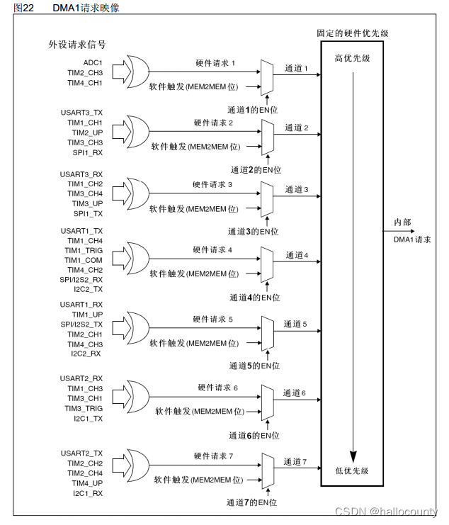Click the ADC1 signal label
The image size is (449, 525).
click(93, 63)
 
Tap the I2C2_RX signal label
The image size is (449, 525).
click(86, 353)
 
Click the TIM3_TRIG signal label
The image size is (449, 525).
click(84, 409)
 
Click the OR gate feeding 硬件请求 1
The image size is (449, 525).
click(135, 72)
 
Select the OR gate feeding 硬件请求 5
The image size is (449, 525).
click(135, 329)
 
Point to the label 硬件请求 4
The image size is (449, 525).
click(212, 250)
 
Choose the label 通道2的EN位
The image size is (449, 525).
click(256, 170)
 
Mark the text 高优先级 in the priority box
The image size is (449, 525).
click(352, 57)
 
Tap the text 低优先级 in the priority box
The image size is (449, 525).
click(352, 470)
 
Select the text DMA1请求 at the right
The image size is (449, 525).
click(413, 239)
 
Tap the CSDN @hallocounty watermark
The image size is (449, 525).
click(386, 512)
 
